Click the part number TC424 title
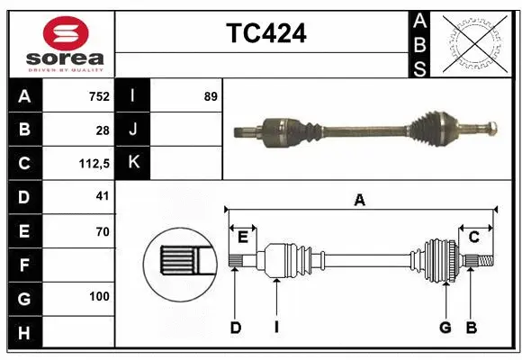pyautogui.click(x=265, y=33)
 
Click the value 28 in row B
pyautogui.click(x=103, y=130)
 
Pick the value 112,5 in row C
pyautogui.click(x=94, y=164)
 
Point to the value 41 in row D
pyautogui.click(x=103, y=197)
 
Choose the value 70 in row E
pyautogui.click(x=103, y=231)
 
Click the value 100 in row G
pyautogui.click(x=99, y=296)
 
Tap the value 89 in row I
pyautogui.click(x=211, y=96)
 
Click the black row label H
pyautogui.click(x=23, y=334)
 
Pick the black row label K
pyautogui.click(x=133, y=164)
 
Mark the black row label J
pyautogui.click(x=133, y=130)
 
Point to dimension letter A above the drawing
pyautogui.click(x=360, y=201)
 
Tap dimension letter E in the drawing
pyautogui.click(x=243, y=237)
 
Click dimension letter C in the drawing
pyautogui.click(x=473, y=237)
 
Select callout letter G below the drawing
pyautogui.click(x=445, y=328)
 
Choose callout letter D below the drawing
pyautogui.click(x=235, y=328)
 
